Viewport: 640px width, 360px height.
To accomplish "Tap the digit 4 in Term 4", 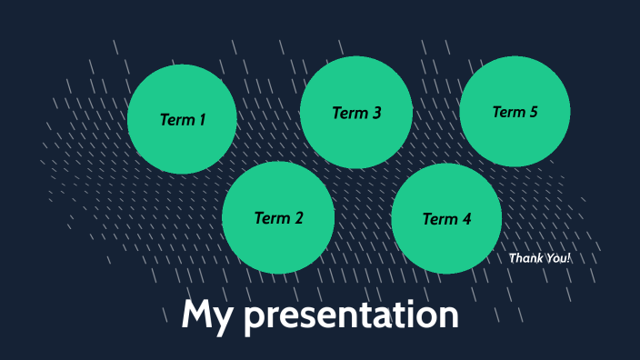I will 466,219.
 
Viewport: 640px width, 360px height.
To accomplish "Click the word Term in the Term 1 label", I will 175,119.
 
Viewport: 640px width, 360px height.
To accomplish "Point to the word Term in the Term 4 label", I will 439,219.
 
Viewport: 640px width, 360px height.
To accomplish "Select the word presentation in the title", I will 351,315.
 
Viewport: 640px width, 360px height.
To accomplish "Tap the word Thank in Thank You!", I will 525,258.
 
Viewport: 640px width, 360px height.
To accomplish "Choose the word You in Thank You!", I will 555,258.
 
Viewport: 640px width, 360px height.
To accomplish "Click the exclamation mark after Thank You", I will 569,258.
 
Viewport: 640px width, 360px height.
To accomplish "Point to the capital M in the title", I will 196,315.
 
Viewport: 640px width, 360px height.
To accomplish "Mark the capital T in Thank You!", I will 513,258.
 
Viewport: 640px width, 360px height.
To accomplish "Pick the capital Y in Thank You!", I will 549,258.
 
